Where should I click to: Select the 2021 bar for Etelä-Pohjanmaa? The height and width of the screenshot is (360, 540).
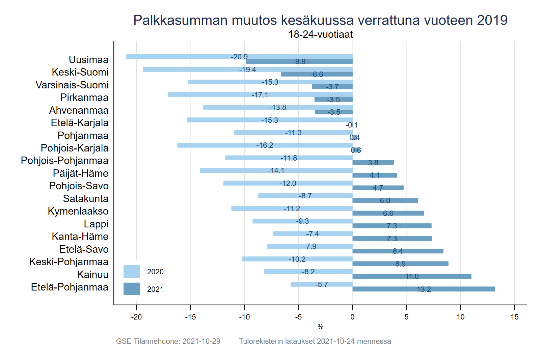coord(424,289)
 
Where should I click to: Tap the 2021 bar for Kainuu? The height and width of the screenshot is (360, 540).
coord(412,276)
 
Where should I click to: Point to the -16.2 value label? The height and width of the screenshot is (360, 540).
coord(265,145)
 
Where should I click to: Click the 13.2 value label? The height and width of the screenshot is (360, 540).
coord(424,289)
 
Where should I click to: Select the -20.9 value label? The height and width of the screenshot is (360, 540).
coord(239,57)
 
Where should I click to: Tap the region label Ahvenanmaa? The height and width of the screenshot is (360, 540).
coord(79,110)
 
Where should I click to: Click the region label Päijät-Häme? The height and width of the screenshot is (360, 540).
coord(81,173)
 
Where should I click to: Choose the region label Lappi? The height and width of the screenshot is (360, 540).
coord(96,224)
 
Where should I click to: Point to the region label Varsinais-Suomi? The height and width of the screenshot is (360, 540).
coord(72,85)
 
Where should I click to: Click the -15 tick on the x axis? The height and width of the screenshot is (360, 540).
coord(190,317)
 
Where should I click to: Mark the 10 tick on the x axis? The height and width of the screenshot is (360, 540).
coord(460,317)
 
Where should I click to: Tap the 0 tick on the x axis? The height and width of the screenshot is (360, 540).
coord(352,317)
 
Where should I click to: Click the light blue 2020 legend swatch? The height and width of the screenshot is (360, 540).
coord(131,272)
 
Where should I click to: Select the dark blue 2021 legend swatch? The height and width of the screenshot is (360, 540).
coord(131,289)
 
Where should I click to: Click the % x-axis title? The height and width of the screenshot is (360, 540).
coord(320,327)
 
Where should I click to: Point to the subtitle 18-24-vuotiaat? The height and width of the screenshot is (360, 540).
coord(320,34)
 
